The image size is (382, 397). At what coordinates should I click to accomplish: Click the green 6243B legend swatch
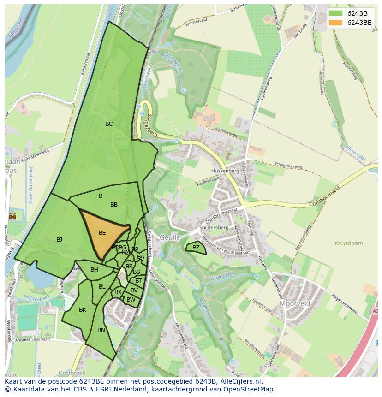336,13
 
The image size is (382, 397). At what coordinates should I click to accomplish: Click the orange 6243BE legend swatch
336,23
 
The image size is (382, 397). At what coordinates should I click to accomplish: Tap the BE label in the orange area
102,233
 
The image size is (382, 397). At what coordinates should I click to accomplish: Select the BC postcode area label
109,124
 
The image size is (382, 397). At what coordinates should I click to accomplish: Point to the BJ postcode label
59,240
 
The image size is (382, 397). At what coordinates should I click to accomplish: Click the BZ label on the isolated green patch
196,248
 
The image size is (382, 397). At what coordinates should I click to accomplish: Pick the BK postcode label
83,310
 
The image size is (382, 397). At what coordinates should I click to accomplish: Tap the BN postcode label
101,330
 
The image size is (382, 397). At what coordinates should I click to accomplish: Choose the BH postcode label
94,270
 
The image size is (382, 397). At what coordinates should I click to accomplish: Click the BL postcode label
102,287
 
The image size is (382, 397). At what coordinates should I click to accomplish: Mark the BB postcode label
114,205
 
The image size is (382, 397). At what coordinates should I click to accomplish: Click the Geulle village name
169,237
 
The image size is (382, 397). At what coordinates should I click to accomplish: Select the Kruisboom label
349,243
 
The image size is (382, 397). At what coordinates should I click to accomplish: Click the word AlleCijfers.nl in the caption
240,382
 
